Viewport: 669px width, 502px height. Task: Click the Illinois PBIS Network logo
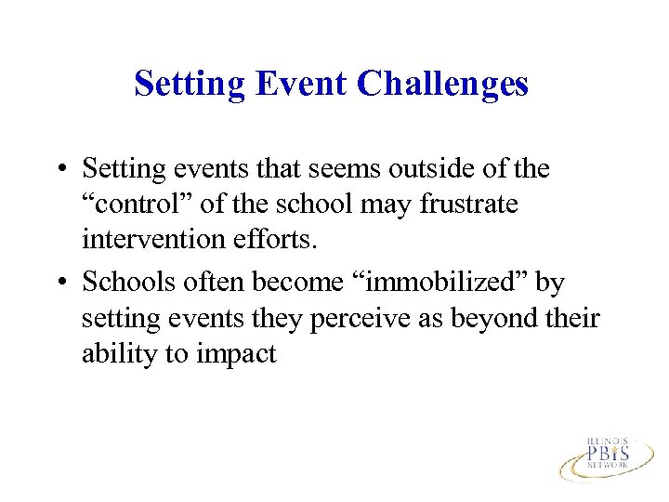(606, 455)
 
